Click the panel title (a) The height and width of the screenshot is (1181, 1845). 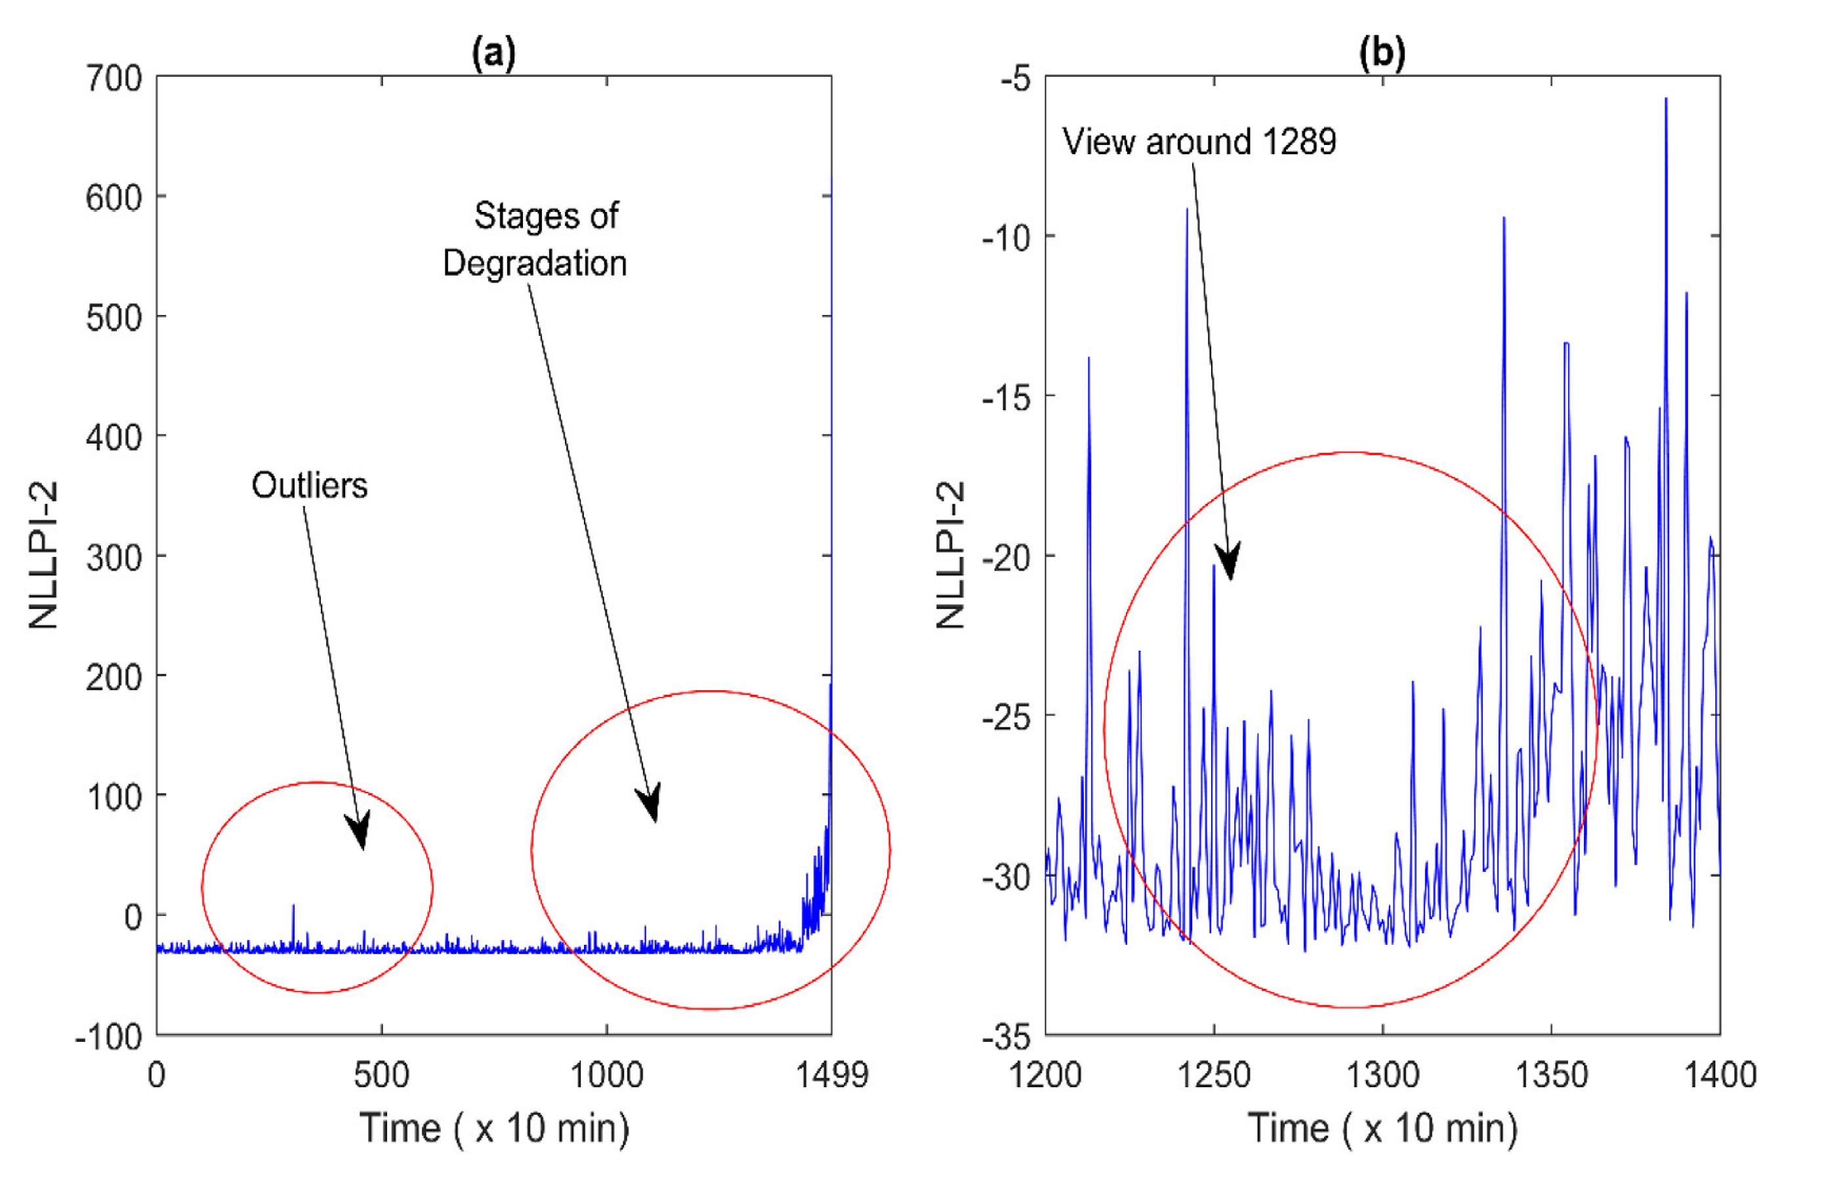493,54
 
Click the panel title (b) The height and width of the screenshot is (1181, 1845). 1382,54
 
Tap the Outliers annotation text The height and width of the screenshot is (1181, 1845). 310,486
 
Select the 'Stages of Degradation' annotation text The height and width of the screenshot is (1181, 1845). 536,239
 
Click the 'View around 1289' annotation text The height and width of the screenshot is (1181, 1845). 1199,142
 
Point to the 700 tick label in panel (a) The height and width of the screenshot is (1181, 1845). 114,78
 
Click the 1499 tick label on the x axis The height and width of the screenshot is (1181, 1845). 832,1075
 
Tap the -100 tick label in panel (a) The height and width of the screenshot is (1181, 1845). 109,1037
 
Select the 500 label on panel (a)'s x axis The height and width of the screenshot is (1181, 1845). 381,1075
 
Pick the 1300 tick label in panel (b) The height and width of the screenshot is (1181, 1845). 1382,1075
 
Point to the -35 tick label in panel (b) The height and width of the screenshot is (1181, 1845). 1006,1037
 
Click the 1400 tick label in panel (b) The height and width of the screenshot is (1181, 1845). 1719,1075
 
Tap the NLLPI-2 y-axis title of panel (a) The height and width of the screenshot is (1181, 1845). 44,554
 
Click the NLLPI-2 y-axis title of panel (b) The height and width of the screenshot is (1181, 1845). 950,554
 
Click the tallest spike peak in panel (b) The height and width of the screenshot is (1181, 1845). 1666,99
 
